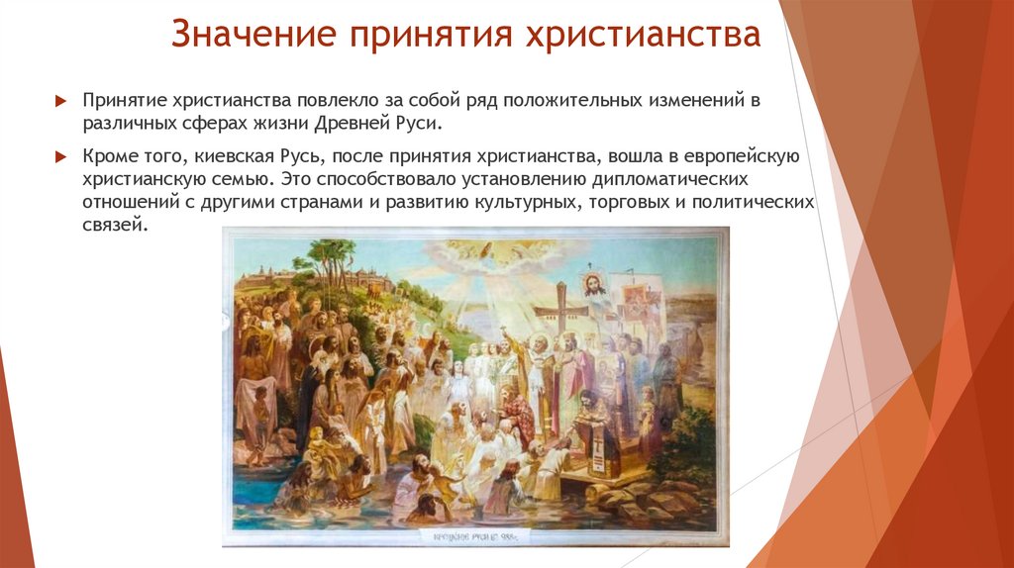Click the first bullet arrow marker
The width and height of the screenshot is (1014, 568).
tap(60, 102)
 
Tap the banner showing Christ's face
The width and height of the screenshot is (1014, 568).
tap(595, 288)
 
